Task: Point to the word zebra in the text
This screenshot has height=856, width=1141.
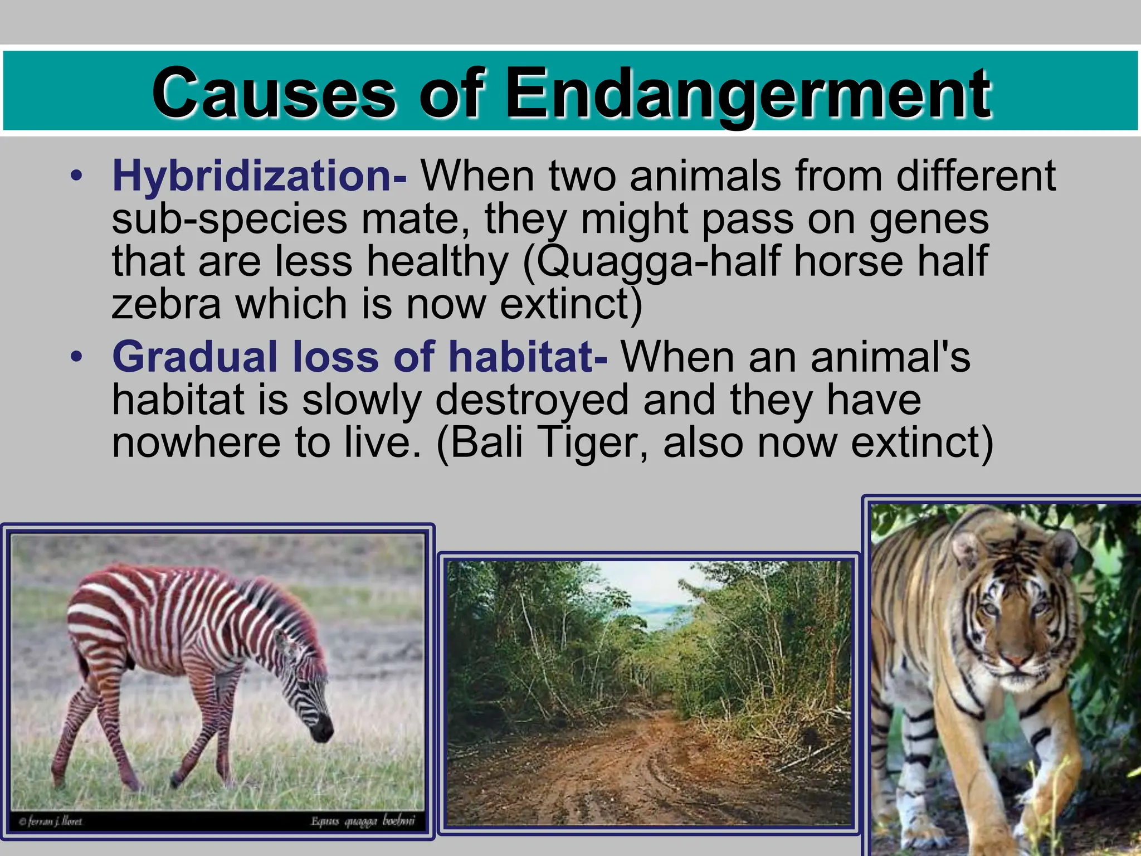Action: [x=166, y=304]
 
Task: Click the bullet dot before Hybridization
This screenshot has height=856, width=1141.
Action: [x=76, y=177]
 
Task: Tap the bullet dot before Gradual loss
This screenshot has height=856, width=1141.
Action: [x=76, y=357]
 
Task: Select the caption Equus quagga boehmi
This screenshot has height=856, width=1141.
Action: [x=363, y=821]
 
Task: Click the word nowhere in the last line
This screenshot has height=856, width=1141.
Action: [x=195, y=442]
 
